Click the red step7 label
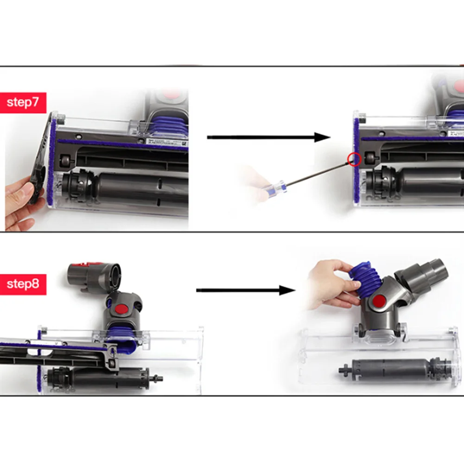pos(23,102)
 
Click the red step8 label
pos(23,283)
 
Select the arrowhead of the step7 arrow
pos(322,137)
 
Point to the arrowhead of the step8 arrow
pos(287,291)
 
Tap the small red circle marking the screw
pos(355,159)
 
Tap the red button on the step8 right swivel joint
pos(379,302)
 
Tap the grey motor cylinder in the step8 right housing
pos(389,369)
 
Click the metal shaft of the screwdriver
pos(315,174)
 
